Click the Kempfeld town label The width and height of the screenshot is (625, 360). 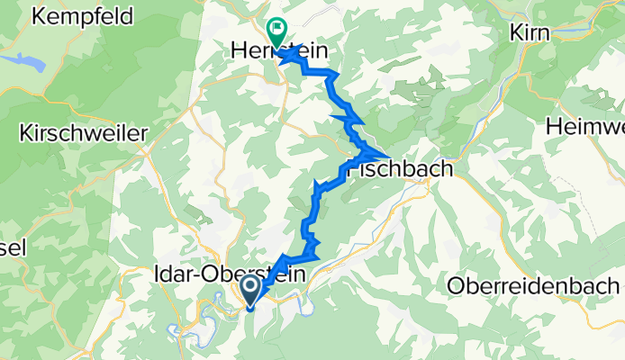(81, 16)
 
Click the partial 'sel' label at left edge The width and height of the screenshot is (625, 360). (13, 246)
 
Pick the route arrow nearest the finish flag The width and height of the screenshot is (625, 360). (292, 56)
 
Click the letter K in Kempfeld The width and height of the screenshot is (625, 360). (36, 16)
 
